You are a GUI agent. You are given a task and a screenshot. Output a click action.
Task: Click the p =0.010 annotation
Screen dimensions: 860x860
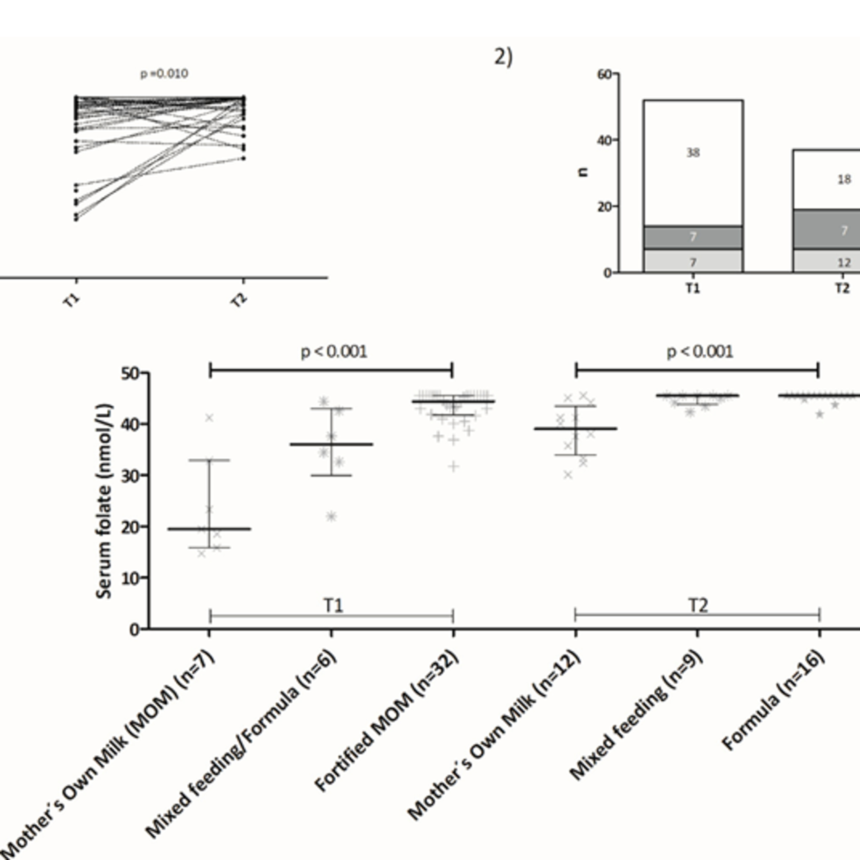[164, 73]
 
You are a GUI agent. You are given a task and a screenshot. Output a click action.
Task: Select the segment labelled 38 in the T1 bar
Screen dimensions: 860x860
[693, 153]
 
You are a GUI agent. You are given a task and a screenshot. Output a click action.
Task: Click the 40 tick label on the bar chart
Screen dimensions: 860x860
[604, 140]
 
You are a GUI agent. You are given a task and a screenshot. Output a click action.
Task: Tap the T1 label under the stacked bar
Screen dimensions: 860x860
[693, 288]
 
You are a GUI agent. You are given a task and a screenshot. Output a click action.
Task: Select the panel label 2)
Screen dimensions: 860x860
[503, 57]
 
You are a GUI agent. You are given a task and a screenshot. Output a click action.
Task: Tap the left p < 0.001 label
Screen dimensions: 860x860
[334, 352]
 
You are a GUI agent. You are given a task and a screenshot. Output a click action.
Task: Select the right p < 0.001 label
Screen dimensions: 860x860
[700, 352]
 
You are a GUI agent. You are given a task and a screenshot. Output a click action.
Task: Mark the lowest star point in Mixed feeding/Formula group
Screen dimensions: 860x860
[331, 516]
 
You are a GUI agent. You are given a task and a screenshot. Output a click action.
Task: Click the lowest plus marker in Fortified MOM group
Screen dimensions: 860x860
[454, 466]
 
